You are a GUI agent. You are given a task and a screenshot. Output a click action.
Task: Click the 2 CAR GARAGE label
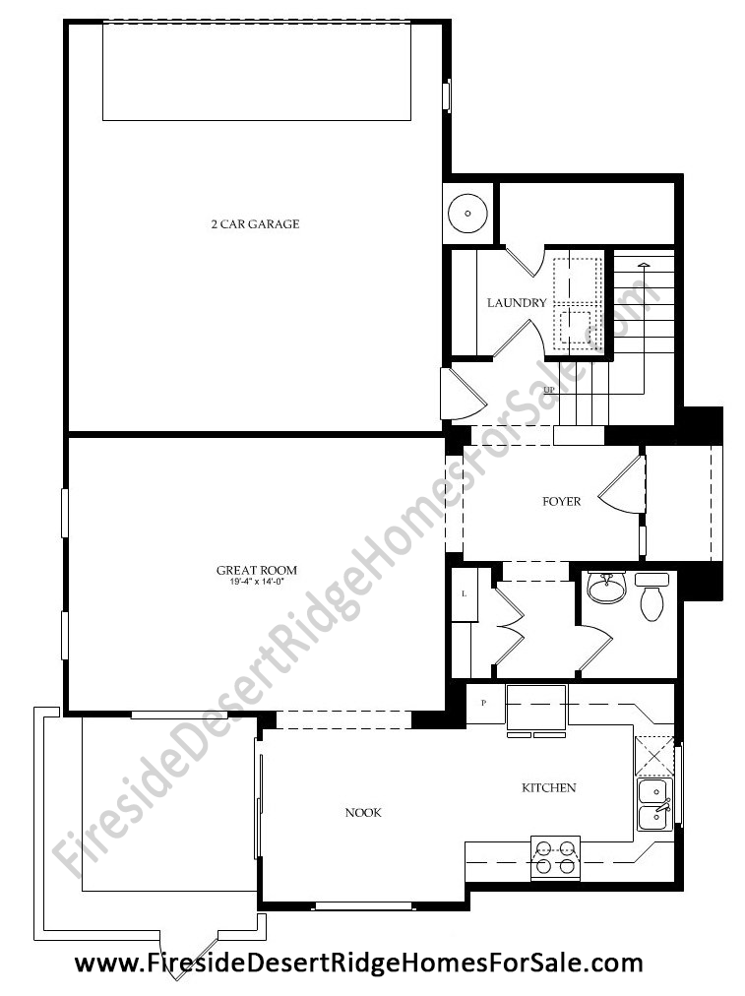pyautogui.click(x=255, y=224)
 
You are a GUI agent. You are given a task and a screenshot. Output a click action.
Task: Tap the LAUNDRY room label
pyautogui.click(x=517, y=303)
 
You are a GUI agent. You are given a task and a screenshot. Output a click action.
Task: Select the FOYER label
pyautogui.click(x=561, y=502)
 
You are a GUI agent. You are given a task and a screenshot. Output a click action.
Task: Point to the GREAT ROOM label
pyautogui.click(x=257, y=571)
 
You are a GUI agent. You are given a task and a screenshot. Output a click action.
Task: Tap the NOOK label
pyautogui.click(x=363, y=812)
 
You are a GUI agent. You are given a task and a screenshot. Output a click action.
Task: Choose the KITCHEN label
pyautogui.click(x=549, y=788)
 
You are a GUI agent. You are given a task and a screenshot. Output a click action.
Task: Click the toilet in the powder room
pyautogui.click(x=652, y=597)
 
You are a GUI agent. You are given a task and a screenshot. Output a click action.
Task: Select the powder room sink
pyautogui.click(x=606, y=587)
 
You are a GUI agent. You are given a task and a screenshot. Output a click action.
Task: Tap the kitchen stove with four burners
pyautogui.click(x=556, y=858)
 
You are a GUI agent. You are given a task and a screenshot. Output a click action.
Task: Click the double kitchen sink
pyautogui.click(x=654, y=805)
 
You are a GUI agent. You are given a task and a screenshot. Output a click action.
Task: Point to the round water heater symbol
pyautogui.click(x=467, y=214)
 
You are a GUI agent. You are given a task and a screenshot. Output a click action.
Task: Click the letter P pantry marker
pyautogui.click(x=484, y=703)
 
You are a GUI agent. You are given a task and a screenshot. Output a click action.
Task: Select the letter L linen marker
pyautogui.click(x=464, y=593)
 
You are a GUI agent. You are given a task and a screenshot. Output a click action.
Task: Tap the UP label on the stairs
pyautogui.click(x=549, y=390)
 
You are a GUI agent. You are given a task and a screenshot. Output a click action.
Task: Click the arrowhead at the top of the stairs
pyautogui.click(x=644, y=264)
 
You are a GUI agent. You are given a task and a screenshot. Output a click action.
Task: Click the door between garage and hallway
pyautogui.click(x=464, y=394)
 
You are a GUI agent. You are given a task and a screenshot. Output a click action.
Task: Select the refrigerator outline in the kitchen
pyautogui.click(x=536, y=708)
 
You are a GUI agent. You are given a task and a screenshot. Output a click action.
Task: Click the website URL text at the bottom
pyautogui.click(x=359, y=964)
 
